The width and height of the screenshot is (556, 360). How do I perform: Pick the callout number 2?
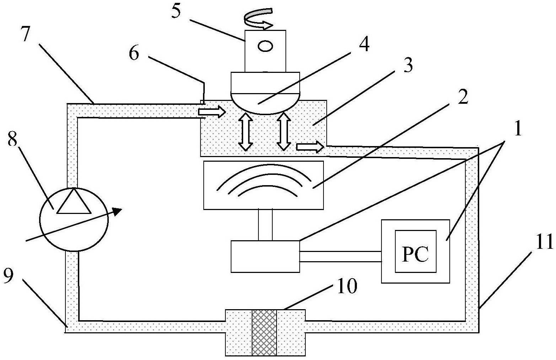click(462, 97)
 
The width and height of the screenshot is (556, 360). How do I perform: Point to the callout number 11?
click(543, 242)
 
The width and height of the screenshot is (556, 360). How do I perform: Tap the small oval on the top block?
click(265, 47)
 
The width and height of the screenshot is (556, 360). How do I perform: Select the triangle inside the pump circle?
click(74, 202)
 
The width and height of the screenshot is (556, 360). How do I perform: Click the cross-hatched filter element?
click(264, 333)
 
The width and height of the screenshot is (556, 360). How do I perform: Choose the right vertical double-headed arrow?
click(284, 131)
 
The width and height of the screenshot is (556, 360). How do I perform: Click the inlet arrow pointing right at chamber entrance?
click(212, 112)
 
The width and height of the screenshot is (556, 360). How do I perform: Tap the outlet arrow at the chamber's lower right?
click(310, 147)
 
